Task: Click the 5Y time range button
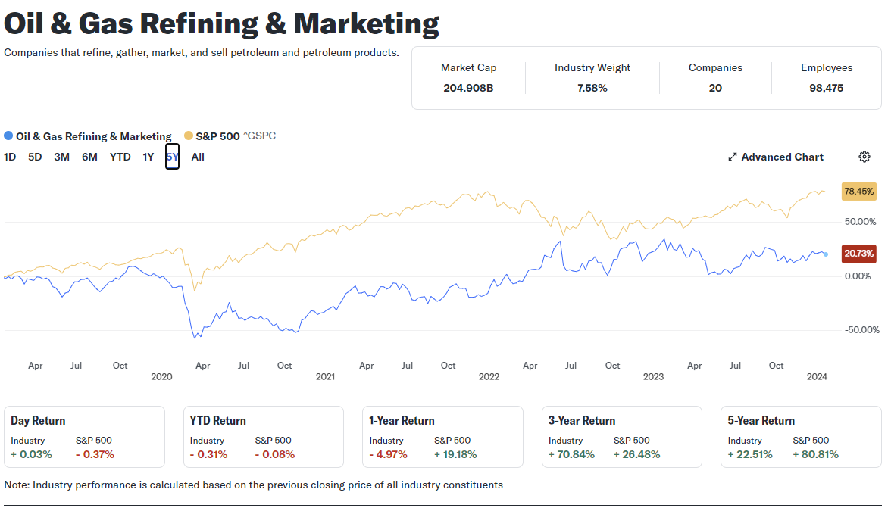tap(172, 157)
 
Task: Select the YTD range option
tap(120, 157)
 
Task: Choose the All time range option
tap(198, 157)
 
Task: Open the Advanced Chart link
tap(775, 157)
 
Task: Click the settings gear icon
tap(864, 157)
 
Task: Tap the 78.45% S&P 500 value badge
tap(858, 192)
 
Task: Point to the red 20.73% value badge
tap(858, 254)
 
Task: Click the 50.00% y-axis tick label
tap(860, 221)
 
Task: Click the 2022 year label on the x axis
tap(489, 377)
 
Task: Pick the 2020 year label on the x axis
tap(162, 377)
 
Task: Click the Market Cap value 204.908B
tap(468, 88)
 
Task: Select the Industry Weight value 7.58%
tap(592, 88)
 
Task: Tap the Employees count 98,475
tap(826, 88)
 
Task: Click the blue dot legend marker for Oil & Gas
tap(8, 136)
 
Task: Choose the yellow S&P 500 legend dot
tap(188, 136)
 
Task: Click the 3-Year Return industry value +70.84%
tap(571, 455)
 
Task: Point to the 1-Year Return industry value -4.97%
tap(388, 455)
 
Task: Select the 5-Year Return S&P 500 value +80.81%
tap(815, 455)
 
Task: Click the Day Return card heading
tap(38, 421)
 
